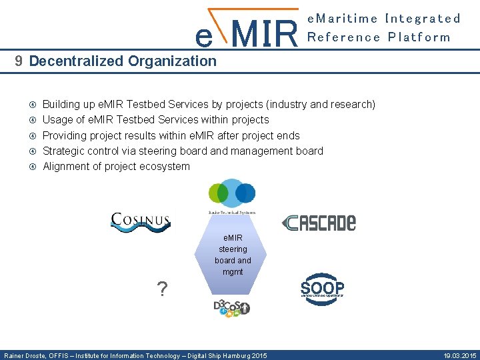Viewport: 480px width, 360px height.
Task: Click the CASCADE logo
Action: point(319,223)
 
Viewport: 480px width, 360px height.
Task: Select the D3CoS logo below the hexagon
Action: point(231,307)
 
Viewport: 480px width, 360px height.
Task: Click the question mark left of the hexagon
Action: point(161,289)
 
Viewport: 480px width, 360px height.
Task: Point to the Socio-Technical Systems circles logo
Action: point(231,195)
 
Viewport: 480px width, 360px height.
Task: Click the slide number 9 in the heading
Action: point(19,61)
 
